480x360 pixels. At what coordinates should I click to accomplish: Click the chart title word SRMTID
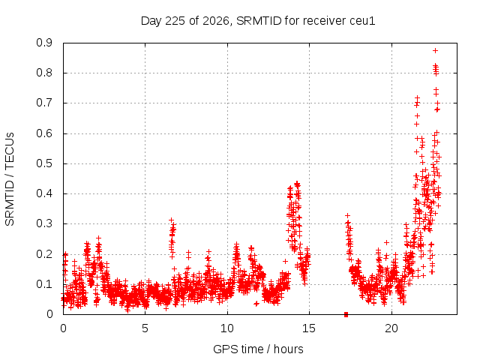click(x=259, y=21)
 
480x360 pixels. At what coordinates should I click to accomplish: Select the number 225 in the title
click(x=175, y=21)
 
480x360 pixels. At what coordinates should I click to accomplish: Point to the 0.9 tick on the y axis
click(x=44, y=43)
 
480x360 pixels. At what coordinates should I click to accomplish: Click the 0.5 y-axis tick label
click(x=44, y=163)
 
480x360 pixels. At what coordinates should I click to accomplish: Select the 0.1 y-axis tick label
click(x=44, y=284)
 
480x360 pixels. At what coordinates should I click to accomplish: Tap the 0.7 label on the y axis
click(x=44, y=103)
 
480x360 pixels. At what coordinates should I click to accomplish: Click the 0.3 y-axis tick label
click(x=44, y=223)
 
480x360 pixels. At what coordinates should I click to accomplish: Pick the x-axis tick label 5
click(x=145, y=328)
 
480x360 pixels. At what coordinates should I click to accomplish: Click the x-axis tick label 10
click(x=227, y=328)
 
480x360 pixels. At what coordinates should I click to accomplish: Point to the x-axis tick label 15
click(x=309, y=328)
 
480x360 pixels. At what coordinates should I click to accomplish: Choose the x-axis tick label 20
click(x=391, y=328)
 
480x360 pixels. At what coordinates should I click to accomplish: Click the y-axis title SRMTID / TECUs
click(x=10, y=179)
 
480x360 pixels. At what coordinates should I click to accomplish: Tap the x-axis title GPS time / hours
click(x=258, y=349)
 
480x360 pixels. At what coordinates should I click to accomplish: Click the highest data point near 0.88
click(x=435, y=50)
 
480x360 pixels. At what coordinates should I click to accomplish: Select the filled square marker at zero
click(x=346, y=314)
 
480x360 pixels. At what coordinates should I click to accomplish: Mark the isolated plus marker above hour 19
click(x=387, y=242)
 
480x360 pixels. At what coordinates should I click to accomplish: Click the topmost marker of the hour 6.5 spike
click(x=172, y=220)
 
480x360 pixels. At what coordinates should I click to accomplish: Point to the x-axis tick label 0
click(x=63, y=328)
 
